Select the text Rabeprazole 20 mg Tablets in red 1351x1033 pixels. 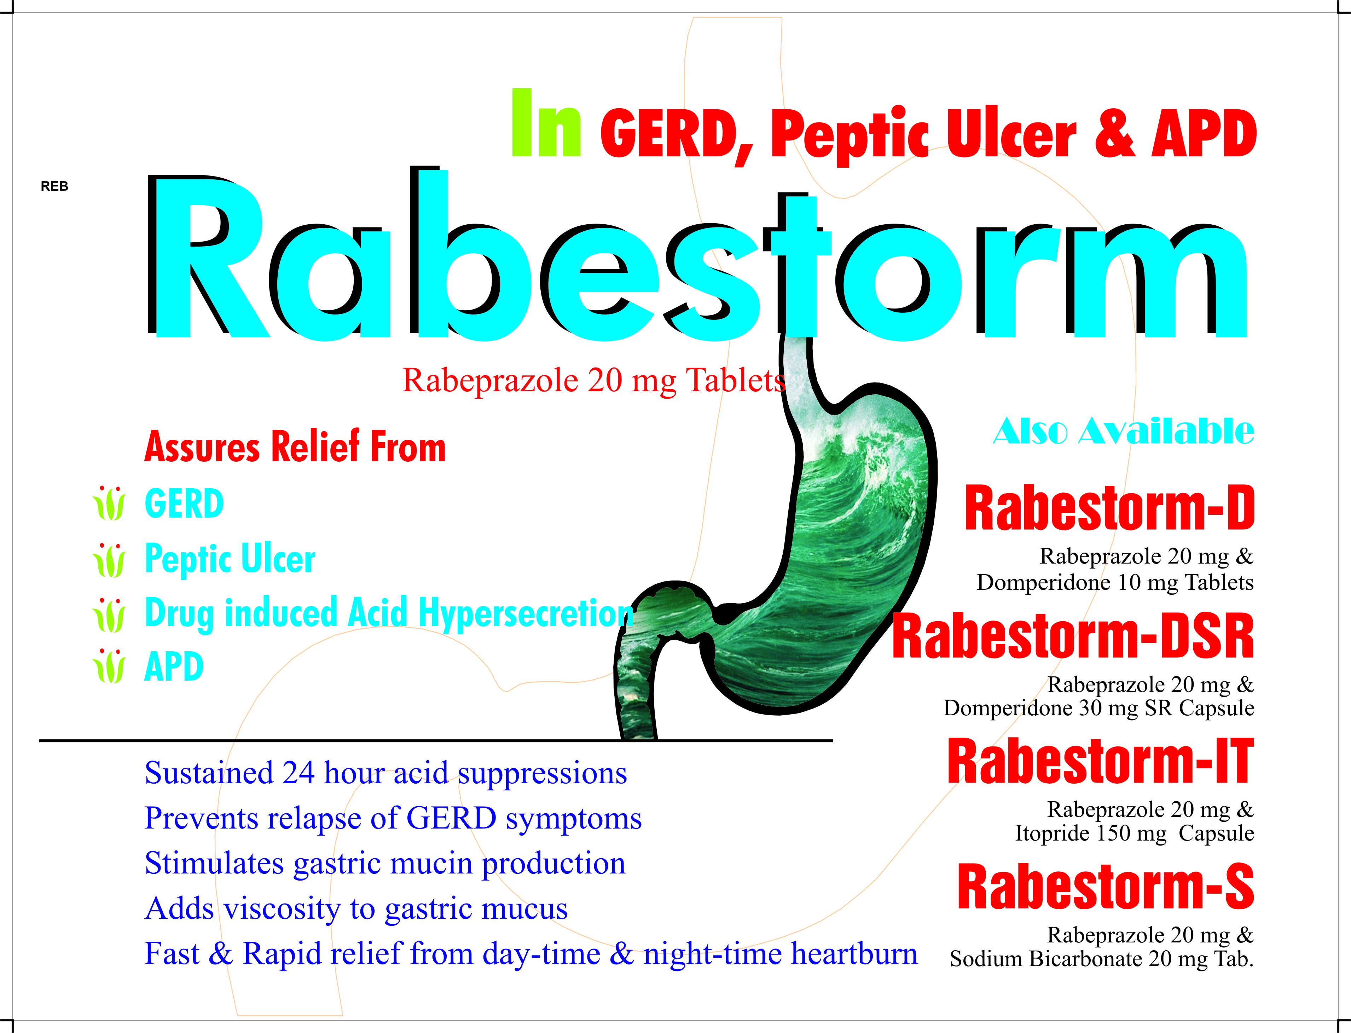pyautogui.click(x=594, y=380)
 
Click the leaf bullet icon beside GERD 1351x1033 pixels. pyautogui.click(x=109, y=503)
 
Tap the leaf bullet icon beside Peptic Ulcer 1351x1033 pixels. pyautogui.click(x=109, y=560)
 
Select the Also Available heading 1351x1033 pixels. pyautogui.click(x=1124, y=431)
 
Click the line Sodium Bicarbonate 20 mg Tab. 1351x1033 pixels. pyautogui.click(x=1101, y=959)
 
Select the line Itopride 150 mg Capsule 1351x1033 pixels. pyautogui.click(x=1135, y=834)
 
